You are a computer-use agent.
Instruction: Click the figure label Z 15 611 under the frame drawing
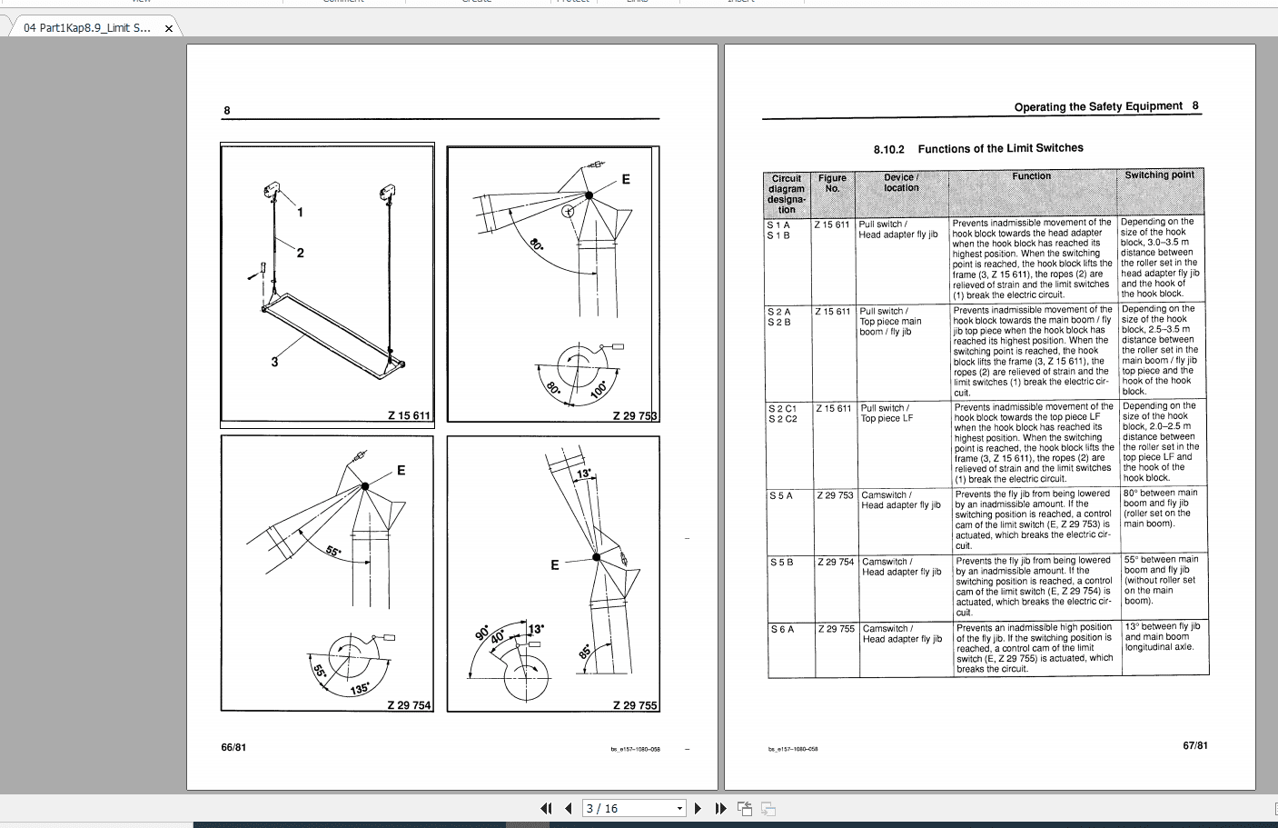409,415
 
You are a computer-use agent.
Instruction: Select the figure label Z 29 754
409,705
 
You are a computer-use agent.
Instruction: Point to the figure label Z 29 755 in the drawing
635,705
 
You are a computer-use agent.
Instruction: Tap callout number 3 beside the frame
274,362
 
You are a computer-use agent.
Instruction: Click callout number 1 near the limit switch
301,212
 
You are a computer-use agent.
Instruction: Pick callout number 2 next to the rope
301,253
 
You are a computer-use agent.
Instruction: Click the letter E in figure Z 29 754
401,470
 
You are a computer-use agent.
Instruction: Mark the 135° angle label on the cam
360,688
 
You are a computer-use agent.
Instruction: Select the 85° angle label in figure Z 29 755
585,652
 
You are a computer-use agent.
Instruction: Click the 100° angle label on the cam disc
598,390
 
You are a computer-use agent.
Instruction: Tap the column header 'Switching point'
1159,175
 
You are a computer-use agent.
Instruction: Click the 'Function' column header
1031,176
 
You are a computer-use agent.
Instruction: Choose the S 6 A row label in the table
781,629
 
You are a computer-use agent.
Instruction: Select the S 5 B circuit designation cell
781,562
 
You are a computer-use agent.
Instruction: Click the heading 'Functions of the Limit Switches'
1000,148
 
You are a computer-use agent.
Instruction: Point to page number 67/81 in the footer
1195,745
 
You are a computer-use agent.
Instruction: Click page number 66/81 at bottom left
233,747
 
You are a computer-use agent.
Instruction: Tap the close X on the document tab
168,28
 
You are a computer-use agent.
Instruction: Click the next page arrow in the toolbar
698,808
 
